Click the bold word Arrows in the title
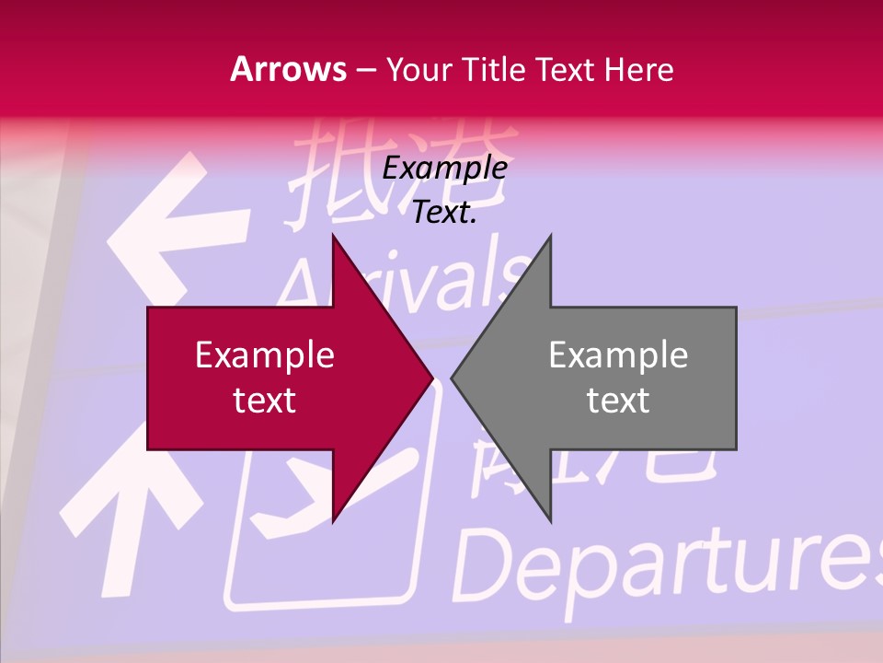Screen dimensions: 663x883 (x=288, y=69)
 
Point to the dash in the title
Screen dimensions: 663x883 (x=365, y=70)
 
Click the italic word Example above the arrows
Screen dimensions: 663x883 (x=444, y=168)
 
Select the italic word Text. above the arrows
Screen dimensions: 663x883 (x=444, y=213)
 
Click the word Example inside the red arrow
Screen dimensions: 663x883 (x=265, y=355)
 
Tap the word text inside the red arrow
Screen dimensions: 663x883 (x=265, y=401)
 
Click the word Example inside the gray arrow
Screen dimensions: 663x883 (x=618, y=355)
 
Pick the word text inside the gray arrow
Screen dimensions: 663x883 (x=618, y=401)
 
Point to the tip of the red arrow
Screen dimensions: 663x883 (x=431, y=378)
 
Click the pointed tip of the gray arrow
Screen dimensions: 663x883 (x=453, y=378)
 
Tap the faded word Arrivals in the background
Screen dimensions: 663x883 (x=405, y=276)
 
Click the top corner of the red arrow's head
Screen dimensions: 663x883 (x=333, y=236)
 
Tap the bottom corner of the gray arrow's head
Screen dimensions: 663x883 (x=551, y=520)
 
